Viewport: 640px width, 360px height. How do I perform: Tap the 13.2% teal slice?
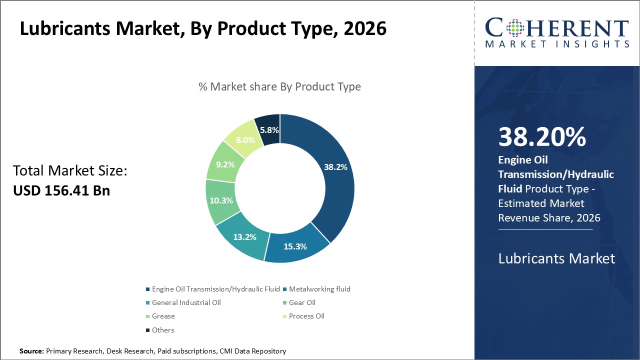click(245, 237)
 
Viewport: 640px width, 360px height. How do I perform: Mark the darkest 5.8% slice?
click(268, 129)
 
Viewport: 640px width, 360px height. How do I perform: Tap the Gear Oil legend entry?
click(302, 302)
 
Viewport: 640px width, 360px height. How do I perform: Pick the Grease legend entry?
click(163, 316)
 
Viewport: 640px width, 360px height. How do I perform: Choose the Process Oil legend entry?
click(306, 316)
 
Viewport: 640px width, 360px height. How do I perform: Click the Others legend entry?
click(163, 330)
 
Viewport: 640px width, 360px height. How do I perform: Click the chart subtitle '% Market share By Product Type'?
click(279, 86)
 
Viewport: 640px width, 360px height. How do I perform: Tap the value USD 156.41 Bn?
click(61, 190)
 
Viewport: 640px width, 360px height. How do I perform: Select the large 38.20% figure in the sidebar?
click(542, 137)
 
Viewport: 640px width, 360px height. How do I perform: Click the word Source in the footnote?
click(31, 351)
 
